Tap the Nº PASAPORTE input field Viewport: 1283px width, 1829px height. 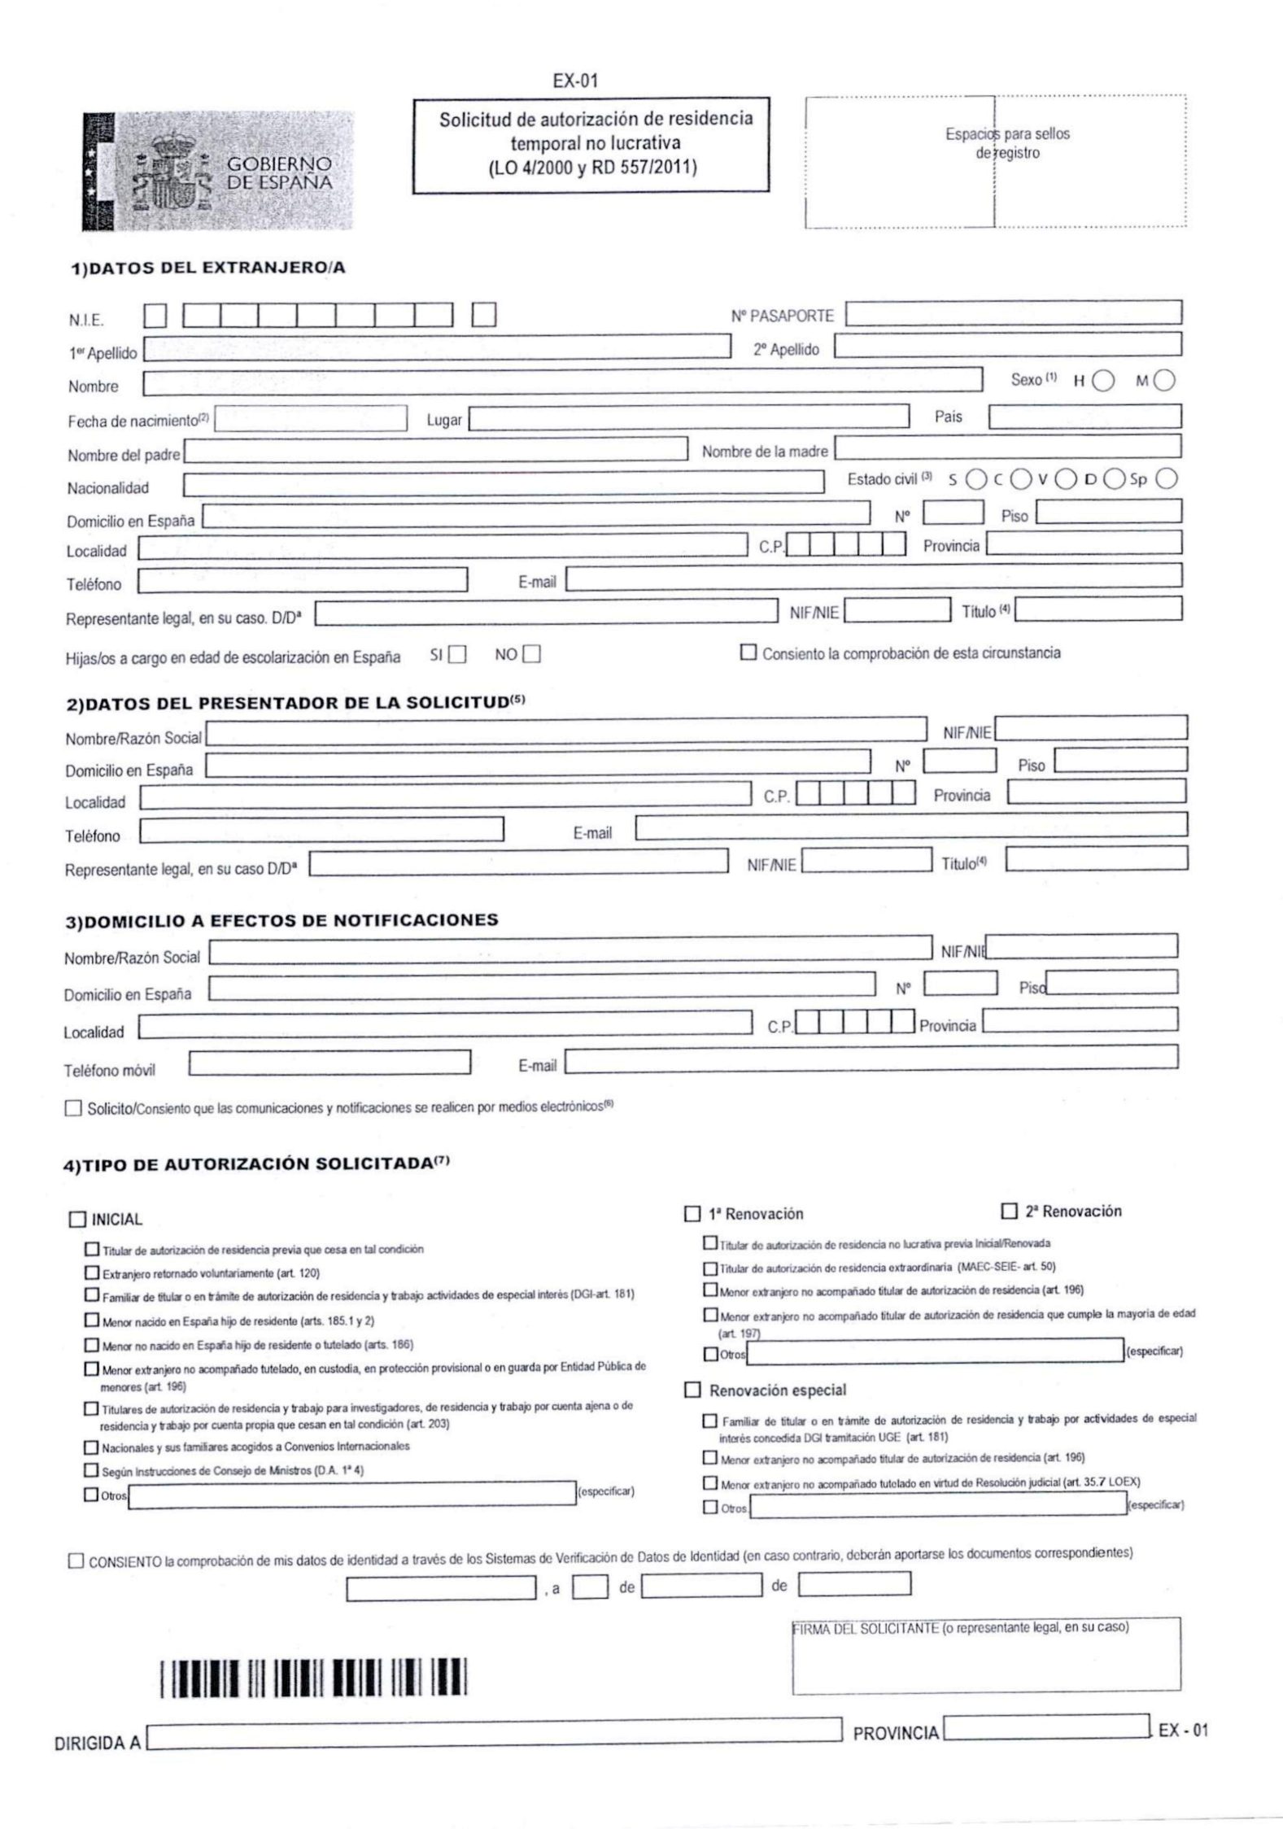click(1014, 313)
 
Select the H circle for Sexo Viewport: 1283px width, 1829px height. click(1103, 381)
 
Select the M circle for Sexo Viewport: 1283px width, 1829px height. click(1165, 381)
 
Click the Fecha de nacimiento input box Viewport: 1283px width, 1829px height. click(310, 418)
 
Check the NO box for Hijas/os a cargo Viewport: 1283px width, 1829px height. click(532, 655)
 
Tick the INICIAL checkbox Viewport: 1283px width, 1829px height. click(77, 1219)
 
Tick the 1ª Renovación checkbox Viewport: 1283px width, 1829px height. click(692, 1214)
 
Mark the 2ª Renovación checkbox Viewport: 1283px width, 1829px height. click(1010, 1211)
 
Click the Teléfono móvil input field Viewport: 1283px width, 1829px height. click(329, 1063)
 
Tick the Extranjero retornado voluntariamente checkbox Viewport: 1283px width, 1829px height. click(91, 1271)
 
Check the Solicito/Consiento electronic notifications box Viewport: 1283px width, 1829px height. click(74, 1108)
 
